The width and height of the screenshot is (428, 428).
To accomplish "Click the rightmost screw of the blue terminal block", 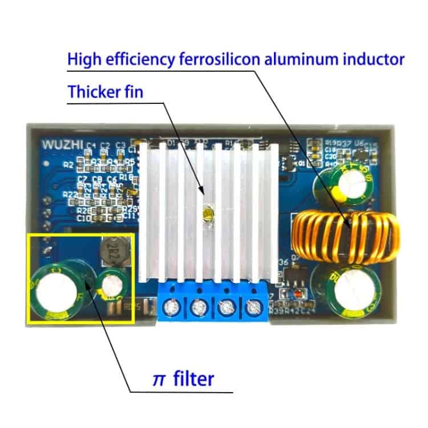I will tap(252, 309).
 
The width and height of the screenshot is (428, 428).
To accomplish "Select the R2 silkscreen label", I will tap(68, 165).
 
